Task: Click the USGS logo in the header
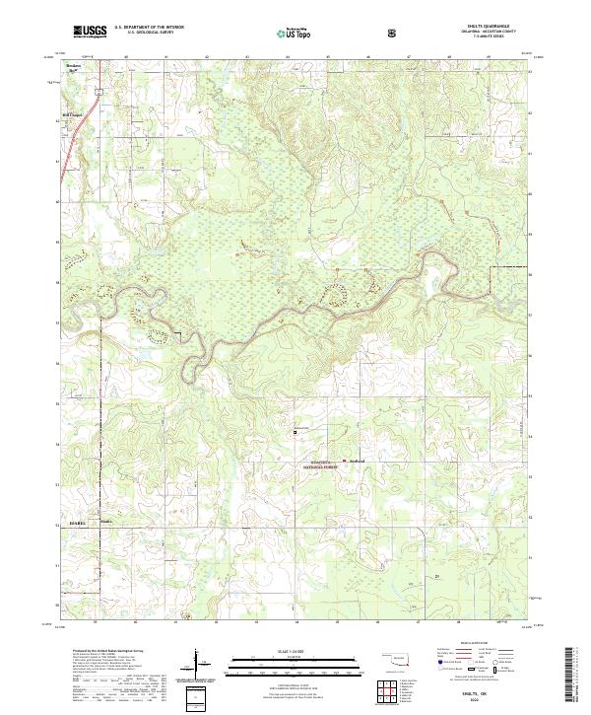pos(89,33)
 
